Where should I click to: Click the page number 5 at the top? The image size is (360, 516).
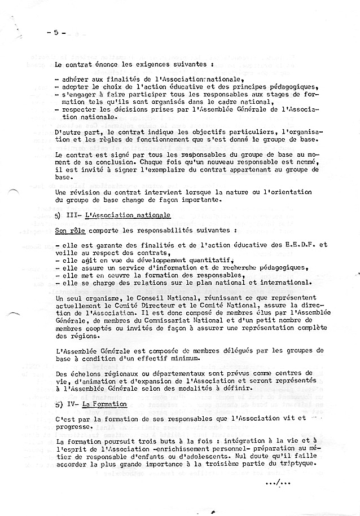coord(56,32)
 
